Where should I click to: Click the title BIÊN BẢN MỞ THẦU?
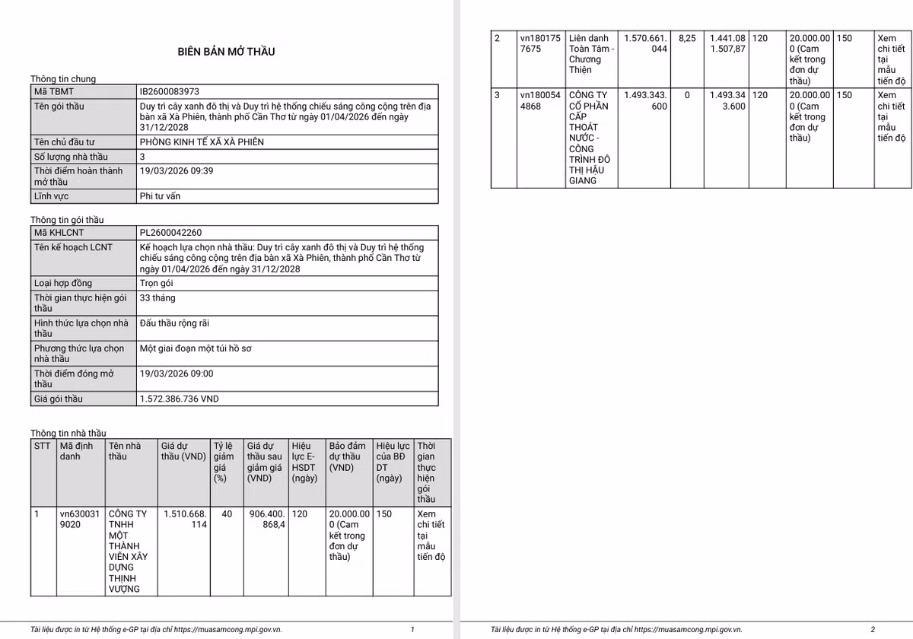point(226,52)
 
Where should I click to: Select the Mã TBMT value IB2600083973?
point(169,91)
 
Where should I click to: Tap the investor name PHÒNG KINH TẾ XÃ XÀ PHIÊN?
point(202,142)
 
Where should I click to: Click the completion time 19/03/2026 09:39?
point(177,171)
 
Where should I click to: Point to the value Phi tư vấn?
point(160,196)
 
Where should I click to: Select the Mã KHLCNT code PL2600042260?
point(170,233)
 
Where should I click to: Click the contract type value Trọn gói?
point(157,283)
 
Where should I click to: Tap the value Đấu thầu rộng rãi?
point(174,323)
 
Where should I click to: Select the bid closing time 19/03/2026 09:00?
point(177,374)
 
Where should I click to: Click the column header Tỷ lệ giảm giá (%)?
point(223,462)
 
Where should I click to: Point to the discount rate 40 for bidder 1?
point(227,514)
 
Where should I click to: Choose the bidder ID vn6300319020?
point(79,519)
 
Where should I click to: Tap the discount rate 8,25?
point(686,38)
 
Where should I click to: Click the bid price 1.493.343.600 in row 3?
point(645,100)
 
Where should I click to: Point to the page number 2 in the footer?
point(873,629)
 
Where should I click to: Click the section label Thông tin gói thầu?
point(67,220)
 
